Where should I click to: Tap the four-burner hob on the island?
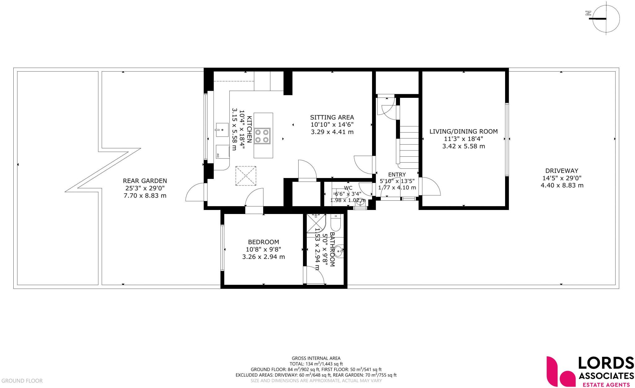point(262,136)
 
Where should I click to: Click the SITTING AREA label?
point(332,117)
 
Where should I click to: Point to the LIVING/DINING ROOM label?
point(463,131)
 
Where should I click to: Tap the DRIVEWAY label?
point(562,171)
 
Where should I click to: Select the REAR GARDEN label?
point(145,181)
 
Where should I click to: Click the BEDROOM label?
point(263,242)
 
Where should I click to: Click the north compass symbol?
point(606,19)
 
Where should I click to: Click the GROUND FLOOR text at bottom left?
point(22,381)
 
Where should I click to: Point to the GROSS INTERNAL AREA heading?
point(316,358)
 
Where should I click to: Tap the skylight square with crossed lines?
point(246,176)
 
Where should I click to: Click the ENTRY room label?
point(397,175)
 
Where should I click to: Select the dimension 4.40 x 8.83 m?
point(562,185)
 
